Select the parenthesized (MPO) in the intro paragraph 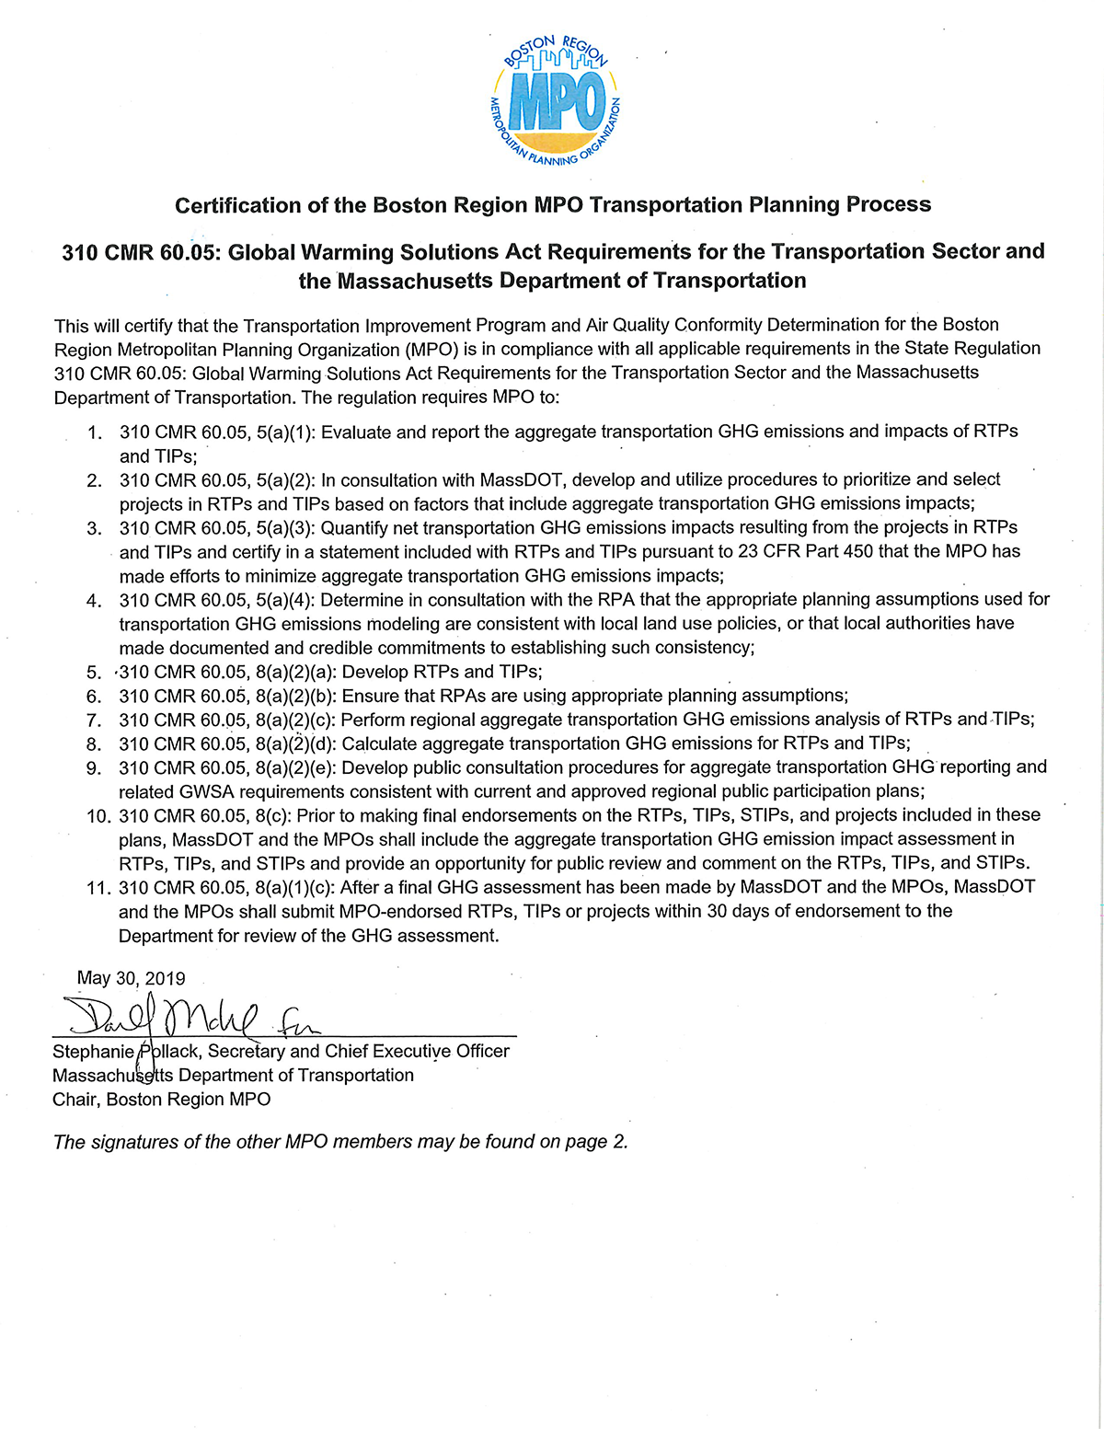(429, 349)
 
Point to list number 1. (95, 432)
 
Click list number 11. (98, 888)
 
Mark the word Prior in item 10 (316, 815)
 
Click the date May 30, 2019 (131, 978)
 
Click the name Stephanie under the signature (92, 1052)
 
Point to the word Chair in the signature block (75, 1100)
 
